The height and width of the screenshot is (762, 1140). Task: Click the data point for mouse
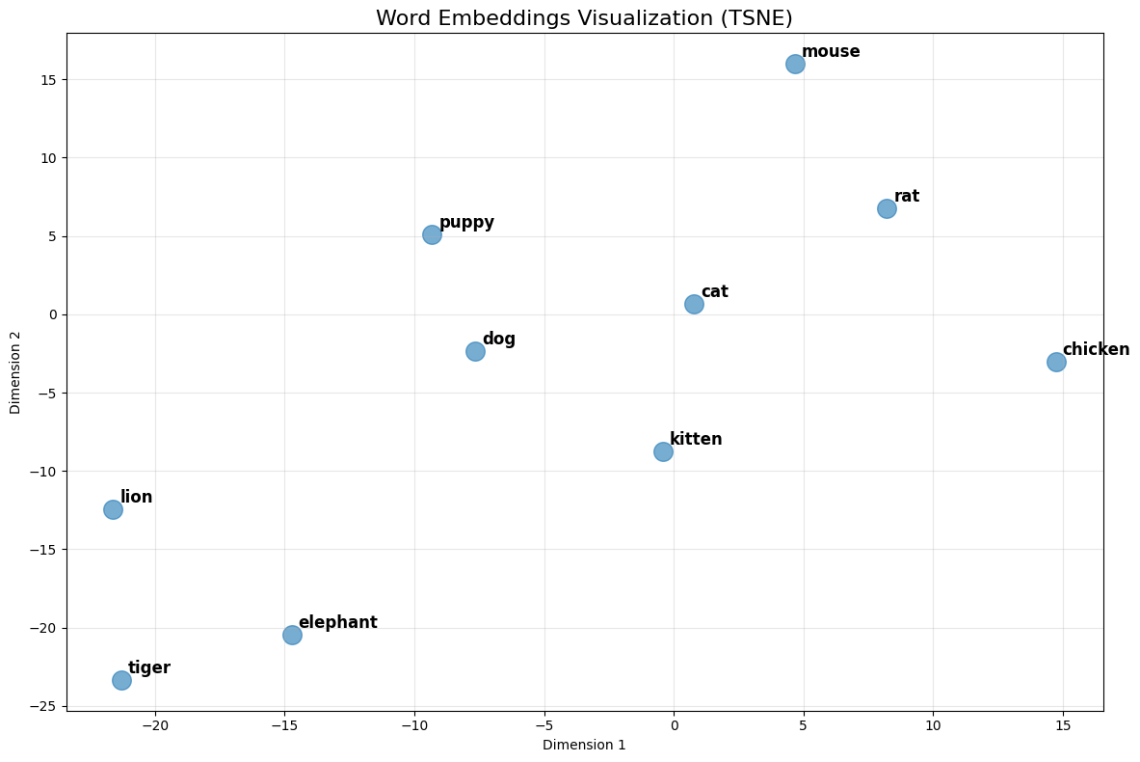(795, 64)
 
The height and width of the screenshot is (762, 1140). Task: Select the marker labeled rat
(887, 208)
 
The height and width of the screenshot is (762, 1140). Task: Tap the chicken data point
(1056, 362)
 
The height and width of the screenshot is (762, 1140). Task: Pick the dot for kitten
(663, 451)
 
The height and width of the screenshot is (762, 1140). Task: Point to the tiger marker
(121, 680)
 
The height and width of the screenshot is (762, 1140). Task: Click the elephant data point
(292, 635)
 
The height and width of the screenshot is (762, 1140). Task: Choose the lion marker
(113, 509)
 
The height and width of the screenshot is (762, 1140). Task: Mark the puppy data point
(432, 234)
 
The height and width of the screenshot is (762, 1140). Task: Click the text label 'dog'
(499, 339)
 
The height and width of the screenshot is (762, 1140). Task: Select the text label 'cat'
(714, 291)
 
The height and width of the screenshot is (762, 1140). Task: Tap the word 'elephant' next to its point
(337, 622)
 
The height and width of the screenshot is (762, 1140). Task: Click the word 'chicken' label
(1096, 349)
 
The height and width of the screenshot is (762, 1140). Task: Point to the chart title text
(584, 17)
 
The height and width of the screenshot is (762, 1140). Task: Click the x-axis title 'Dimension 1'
(584, 745)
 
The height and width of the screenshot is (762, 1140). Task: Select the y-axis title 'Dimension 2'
(15, 371)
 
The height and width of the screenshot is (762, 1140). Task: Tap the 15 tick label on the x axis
(1063, 723)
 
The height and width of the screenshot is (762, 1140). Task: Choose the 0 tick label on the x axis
(674, 723)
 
